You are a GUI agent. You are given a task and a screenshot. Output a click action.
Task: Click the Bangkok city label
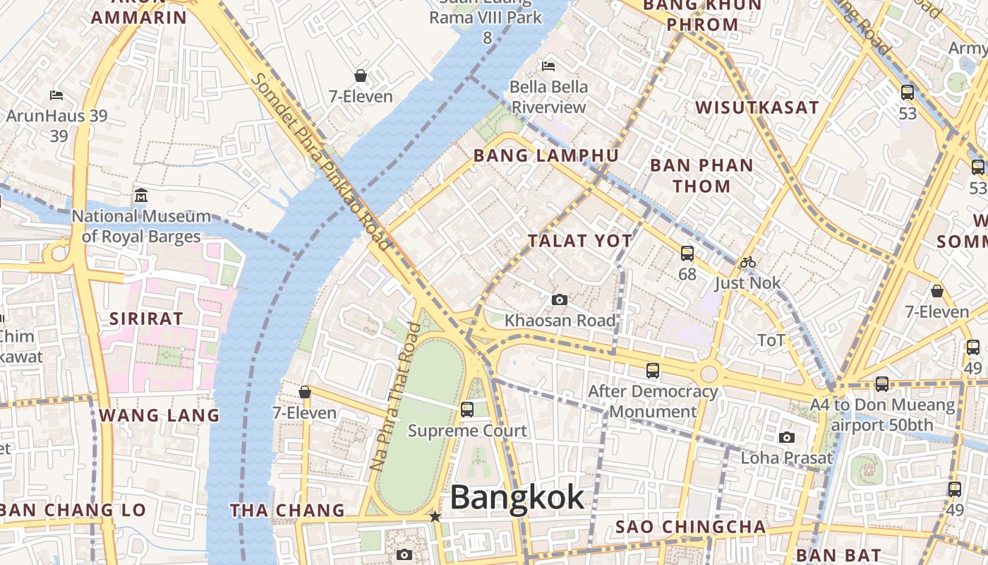point(517,497)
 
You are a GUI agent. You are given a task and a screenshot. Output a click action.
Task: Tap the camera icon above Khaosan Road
point(560,300)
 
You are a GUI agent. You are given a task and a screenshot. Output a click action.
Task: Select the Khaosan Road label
point(560,321)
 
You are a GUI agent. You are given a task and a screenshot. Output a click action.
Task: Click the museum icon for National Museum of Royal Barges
point(141,195)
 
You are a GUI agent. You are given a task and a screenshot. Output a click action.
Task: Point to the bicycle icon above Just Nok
point(748,263)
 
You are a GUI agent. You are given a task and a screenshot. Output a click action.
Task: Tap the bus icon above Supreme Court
point(467,409)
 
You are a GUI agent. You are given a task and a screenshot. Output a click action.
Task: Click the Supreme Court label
point(467,431)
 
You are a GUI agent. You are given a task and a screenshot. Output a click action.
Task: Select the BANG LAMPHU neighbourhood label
point(546,155)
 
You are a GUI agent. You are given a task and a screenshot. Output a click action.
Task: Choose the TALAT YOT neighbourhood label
point(580,241)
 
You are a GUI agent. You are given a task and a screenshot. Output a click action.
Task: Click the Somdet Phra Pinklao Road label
point(322,161)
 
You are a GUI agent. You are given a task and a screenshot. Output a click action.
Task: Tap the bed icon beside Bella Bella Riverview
point(548,66)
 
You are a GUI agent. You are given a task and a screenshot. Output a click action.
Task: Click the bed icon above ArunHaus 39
point(56,95)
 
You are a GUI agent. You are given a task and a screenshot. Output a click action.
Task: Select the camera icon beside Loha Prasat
point(787,438)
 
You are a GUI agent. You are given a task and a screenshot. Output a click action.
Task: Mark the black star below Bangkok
point(435,517)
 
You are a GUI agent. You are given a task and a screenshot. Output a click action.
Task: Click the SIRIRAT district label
point(146,319)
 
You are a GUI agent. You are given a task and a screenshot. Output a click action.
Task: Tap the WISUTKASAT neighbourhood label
point(757,107)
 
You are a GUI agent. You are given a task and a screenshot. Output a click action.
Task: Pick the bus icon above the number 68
point(687,253)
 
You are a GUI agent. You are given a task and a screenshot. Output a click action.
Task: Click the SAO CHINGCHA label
point(690,527)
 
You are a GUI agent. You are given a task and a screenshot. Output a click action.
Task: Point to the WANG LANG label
point(159,415)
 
